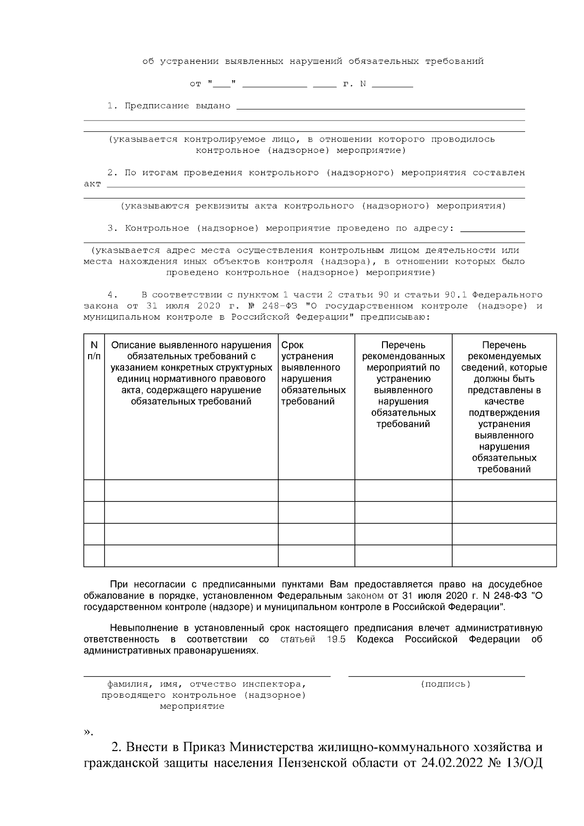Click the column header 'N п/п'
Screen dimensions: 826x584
click(x=94, y=350)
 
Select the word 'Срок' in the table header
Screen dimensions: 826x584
click(x=292, y=345)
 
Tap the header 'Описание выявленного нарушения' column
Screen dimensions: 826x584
click(x=191, y=345)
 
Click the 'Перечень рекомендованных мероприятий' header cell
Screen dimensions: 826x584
click(x=403, y=356)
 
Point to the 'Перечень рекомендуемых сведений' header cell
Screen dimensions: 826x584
click(x=504, y=356)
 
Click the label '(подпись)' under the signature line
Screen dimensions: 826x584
click(x=445, y=684)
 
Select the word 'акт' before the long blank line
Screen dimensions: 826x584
click(x=92, y=184)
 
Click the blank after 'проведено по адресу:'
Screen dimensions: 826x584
click(x=492, y=229)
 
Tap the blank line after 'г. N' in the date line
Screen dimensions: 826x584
click(x=392, y=85)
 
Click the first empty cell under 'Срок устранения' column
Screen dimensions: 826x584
click(x=316, y=490)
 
